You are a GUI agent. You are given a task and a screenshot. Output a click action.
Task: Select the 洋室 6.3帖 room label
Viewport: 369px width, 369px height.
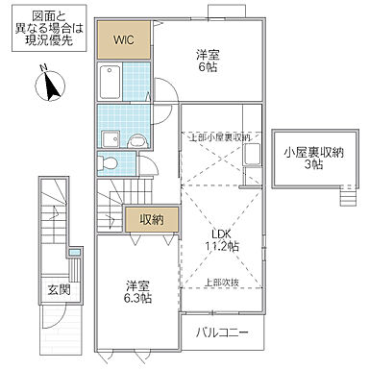pyautogui.click(x=135, y=291)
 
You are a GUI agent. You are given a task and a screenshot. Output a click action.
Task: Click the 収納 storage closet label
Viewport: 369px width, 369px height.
pyautogui.click(x=150, y=219)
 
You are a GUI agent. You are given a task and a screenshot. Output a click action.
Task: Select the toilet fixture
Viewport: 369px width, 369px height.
pyautogui.click(x=105, y=163)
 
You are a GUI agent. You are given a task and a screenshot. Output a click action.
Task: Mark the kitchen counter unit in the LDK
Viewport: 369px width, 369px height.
pyautogui.click(x=252, y=163)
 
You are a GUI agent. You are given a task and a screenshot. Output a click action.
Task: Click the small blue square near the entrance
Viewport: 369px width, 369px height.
pyautogui.click(x=76, y=253)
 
